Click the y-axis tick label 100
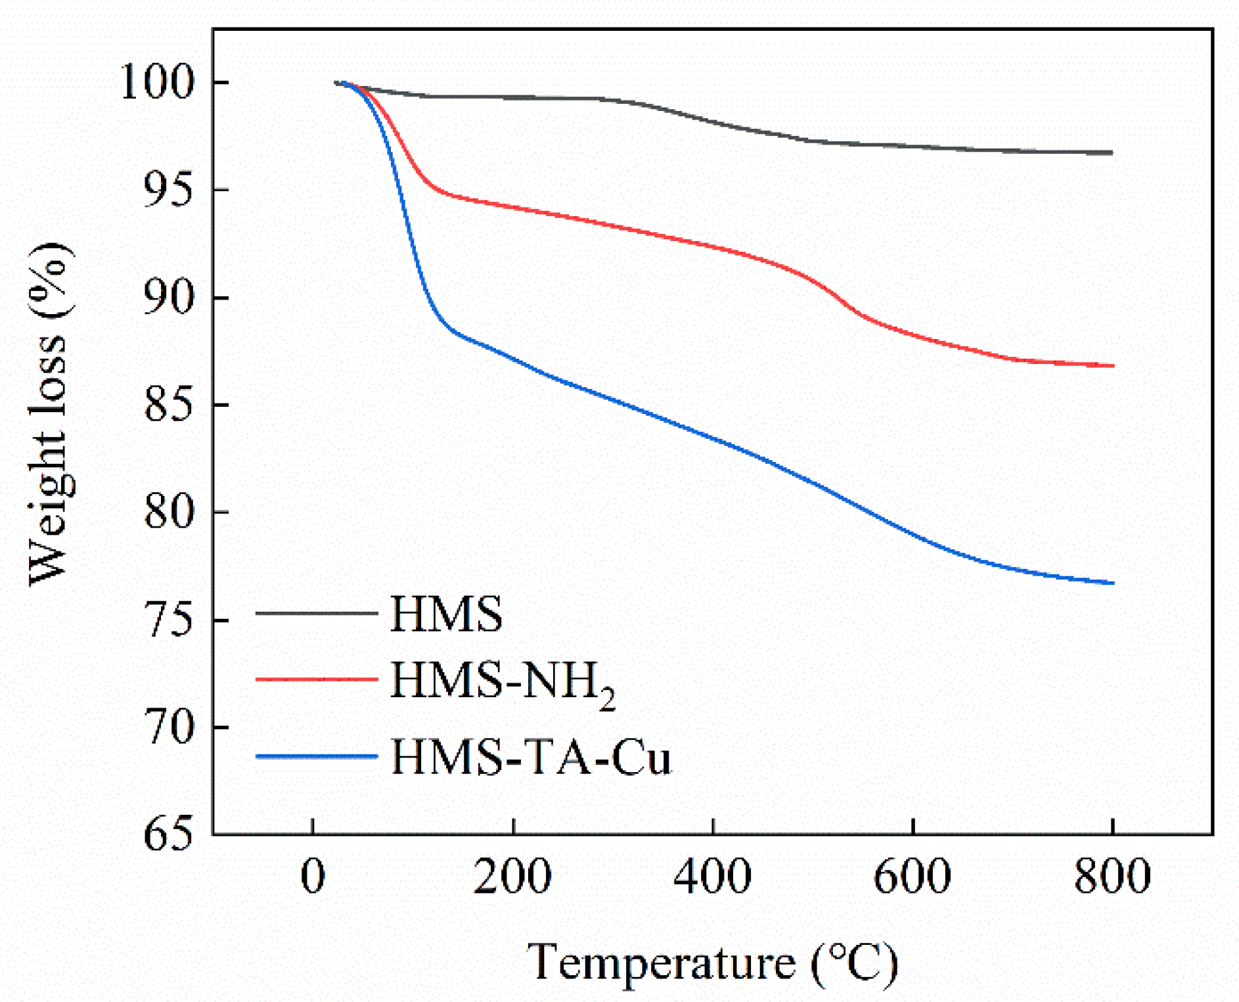pos(158,83)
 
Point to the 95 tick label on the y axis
pos(169,191)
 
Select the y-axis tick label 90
pos(169,298)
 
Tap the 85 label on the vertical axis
pos(169,405)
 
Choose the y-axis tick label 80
pos(169,512)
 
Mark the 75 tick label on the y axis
pos(169,620)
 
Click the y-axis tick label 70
pos(169,727)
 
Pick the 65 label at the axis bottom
pos(169,834)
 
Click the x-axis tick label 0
pos(313,877)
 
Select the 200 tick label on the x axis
pos(512,877)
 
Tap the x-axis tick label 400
pos(713,877)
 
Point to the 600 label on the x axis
pos(912,877)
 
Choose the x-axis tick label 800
pos(1112,877)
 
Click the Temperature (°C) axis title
pos(712,963)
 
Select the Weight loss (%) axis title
pos(50,414)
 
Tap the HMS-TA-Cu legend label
pos(531,758)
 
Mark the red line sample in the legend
pos(316,679)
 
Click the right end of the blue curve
pos(1113,583)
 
